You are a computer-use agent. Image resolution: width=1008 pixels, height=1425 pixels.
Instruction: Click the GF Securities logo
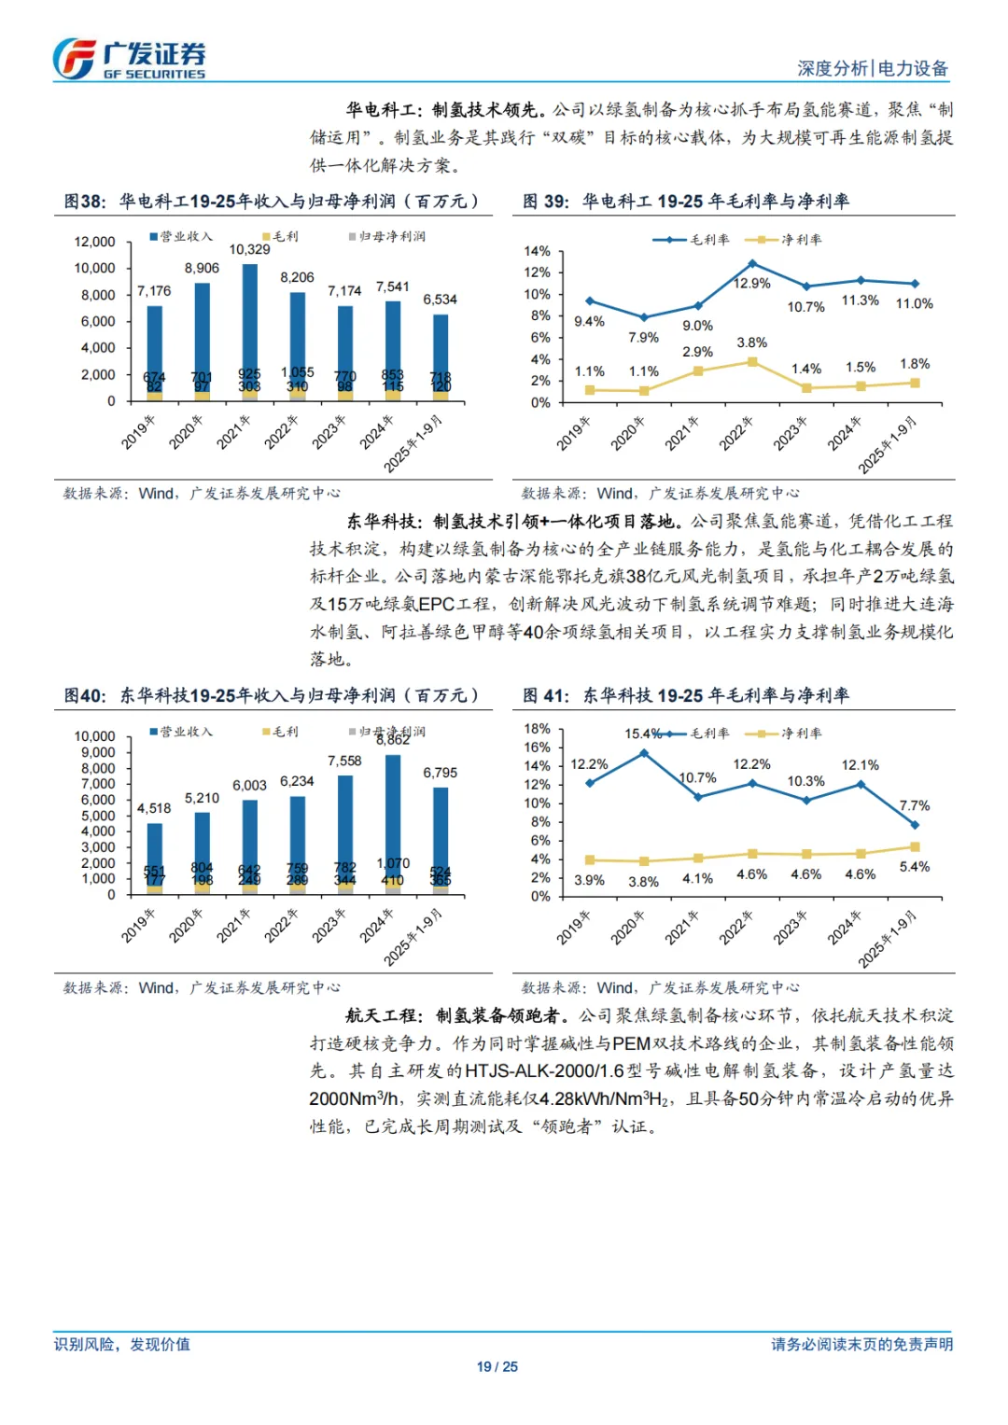128,59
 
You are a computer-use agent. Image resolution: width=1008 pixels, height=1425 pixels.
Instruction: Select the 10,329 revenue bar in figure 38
249,322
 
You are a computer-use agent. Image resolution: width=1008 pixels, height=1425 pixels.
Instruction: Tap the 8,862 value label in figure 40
393,740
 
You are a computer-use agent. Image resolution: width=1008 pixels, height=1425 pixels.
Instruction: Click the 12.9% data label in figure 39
752,284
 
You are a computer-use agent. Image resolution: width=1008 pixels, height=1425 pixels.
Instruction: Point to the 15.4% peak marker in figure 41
644,753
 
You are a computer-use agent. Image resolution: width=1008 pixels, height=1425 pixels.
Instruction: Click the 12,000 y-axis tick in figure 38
95,242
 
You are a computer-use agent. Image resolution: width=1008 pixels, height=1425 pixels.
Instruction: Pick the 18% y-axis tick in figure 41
537,729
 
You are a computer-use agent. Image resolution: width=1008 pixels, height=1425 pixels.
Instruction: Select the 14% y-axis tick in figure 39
537,252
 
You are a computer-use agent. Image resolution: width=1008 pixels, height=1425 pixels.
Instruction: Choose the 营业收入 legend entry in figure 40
181,732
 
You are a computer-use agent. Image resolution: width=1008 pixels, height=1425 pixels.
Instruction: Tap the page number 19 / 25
497,1367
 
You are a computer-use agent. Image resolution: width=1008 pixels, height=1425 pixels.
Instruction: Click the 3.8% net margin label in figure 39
752,343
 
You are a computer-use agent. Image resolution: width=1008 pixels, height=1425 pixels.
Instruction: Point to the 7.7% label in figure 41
915,806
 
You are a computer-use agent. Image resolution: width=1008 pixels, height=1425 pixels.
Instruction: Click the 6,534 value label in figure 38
440,300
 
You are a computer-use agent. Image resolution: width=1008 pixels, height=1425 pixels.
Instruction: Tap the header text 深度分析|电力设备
872,68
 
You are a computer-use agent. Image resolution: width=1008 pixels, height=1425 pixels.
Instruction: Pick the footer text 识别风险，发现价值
122,1345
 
